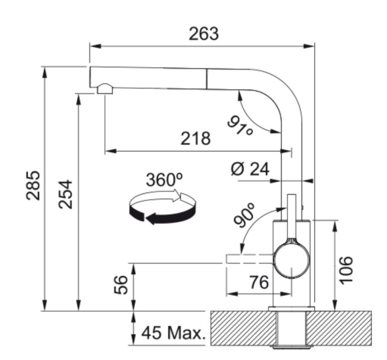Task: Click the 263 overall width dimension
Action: [x=203, y=34]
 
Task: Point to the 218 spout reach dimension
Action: [x=196, y=139]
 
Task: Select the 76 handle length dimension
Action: [x=258, y=282]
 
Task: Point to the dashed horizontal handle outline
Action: [x=249, y=259]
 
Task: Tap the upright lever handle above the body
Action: [x=292, y=216]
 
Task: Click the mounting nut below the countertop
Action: [x=291, y=346]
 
